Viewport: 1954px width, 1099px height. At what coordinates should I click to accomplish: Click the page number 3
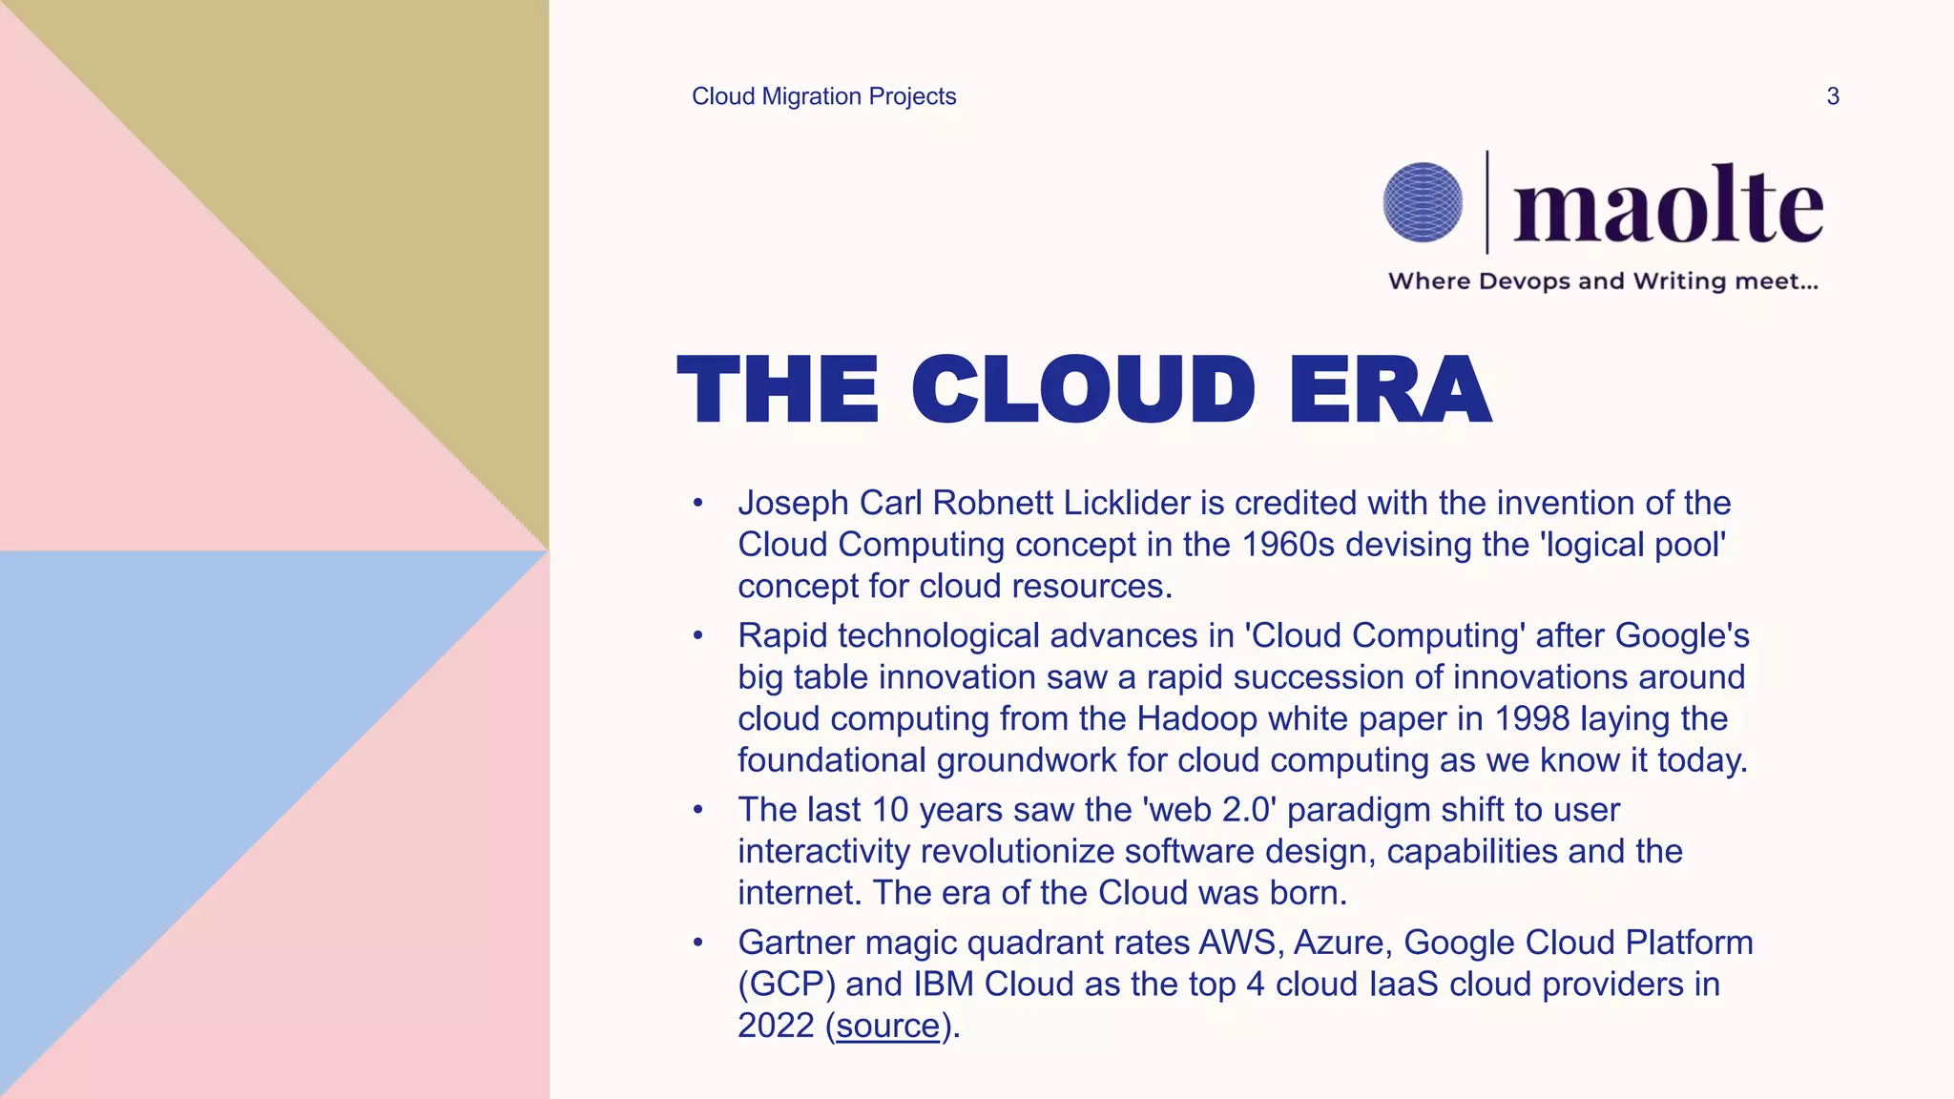[x=1832, y=96]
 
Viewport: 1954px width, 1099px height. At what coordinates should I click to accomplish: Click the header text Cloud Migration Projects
[x=823, y=96]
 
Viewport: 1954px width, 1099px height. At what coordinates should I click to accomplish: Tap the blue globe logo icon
[x=1422, y=202]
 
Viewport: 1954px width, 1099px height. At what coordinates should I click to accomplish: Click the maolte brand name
[x=1668, y=205]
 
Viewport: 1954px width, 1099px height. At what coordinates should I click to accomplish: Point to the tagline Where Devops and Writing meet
[x=1603, y=281]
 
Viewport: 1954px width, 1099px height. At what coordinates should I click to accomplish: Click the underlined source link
[x=888, y=1026]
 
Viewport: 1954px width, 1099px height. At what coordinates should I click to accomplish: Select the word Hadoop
[x=1196, y=718]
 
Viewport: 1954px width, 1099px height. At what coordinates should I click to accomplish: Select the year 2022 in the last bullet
[x=776, y=1026]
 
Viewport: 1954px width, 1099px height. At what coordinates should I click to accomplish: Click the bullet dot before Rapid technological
[x=698, y=635]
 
